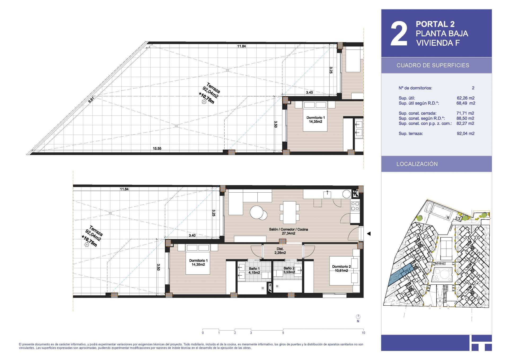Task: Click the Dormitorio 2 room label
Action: point(341,268)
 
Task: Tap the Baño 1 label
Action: point(254,271)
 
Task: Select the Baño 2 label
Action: point(289,270)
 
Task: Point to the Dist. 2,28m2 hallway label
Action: point(280,251)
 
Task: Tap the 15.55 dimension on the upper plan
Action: point(157,149)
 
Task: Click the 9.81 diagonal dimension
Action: point(91,100)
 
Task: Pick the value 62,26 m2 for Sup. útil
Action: point(466,98)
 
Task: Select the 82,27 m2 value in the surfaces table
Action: point(465,123)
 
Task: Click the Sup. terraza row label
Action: point(411,133)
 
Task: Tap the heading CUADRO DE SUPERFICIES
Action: point(433,65)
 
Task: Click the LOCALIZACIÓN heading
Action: point(417,164)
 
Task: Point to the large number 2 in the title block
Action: point(399,34)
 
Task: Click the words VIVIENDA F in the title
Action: point(438,43)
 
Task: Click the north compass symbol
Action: point(358,317)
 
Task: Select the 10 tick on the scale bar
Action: point(363,333)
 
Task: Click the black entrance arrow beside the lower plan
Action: point(368,234)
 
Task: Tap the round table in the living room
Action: point(257,212)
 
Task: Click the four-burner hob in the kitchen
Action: point(355,206)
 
